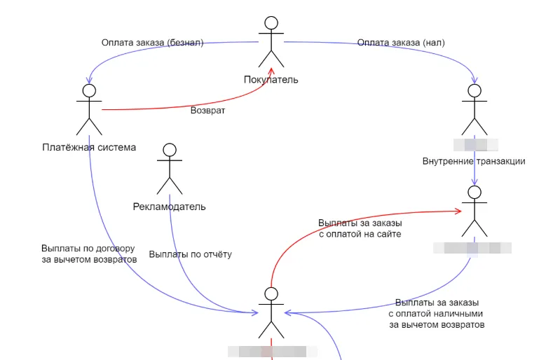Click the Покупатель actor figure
click(x=271, y=43)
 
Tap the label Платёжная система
click(x=88, y=147)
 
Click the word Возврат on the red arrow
click(x=208, y=111)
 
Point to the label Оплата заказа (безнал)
click(x=152, y=43)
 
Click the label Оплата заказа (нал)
click(x=401, y=43)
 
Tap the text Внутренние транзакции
click(x=474, y=161)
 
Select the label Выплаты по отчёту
click(x=191, y=254)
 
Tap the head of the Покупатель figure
click(x=271, y=23)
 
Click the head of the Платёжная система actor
click(x=88, y=90)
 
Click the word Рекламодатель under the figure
click(x=169, y=207)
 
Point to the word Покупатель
click(x=271, y=79)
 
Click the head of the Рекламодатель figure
click(x=169, y=149)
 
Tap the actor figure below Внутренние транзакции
click(x=475, y=212)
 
